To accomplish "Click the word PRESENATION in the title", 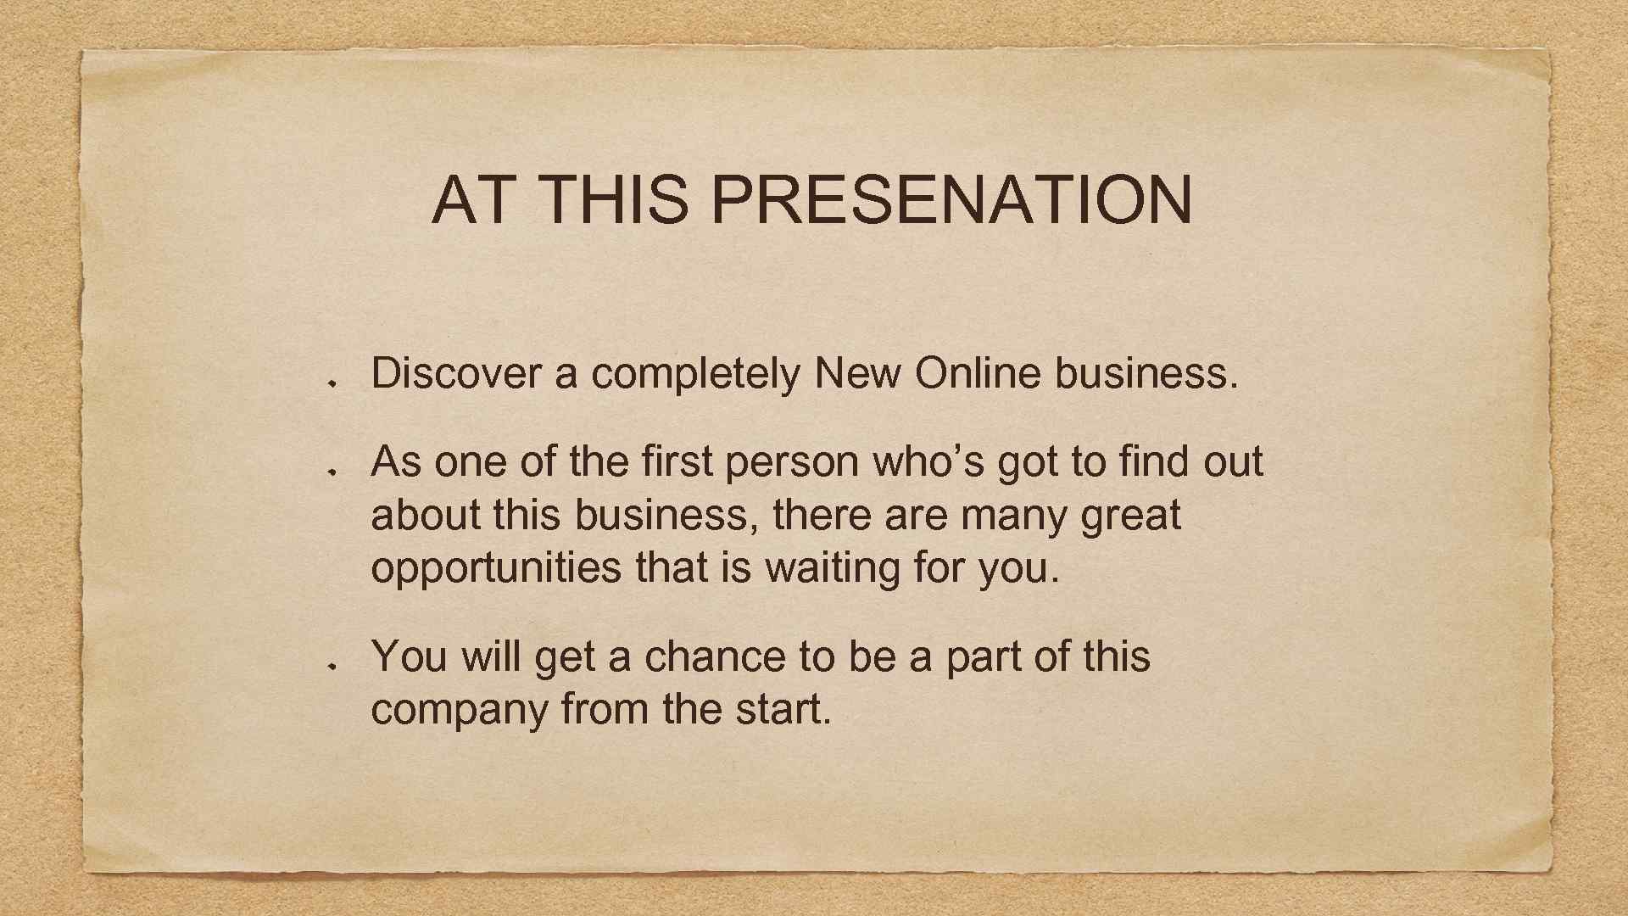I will [951, 200].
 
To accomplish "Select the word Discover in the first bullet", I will [455, 373].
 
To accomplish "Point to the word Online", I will [977, 373].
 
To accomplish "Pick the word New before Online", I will [856, 373].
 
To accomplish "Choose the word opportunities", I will [496, 568].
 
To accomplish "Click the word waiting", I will [832, 568].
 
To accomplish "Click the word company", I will [459, 711].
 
